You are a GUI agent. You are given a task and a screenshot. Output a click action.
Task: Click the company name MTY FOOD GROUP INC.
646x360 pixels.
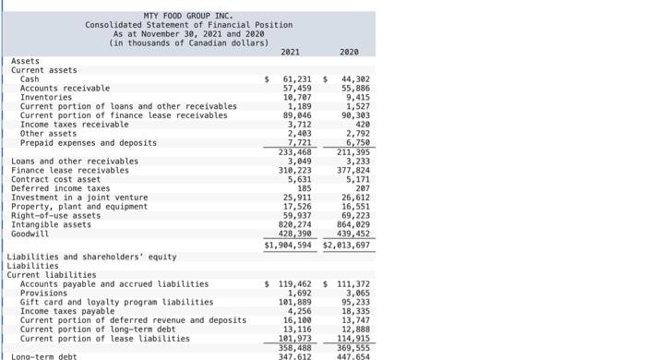pyautogui.click(x=188, y=16)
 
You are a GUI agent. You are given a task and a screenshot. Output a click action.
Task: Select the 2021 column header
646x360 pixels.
pyautogui.click(x=290, y=53)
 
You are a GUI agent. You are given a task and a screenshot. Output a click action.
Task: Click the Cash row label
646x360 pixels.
pyautogui.click(x=30, y=79)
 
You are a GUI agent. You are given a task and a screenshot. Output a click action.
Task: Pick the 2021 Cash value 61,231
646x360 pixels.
pyautogui.click(x=296, y=79)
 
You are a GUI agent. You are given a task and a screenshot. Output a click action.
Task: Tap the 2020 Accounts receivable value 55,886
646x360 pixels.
pyautogui.click(x=355, y=88)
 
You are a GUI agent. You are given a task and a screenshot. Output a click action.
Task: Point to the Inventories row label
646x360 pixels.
pyautogui.click(x=46, y=97)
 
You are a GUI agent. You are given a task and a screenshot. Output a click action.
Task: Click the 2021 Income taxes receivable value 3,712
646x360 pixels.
pyautogui.click(x=299, y=124)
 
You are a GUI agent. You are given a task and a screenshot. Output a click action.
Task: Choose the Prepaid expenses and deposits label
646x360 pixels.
pyautogui.click(x=89, y=143)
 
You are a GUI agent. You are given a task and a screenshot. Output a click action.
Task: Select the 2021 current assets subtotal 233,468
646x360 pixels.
pyautogui.click(x=296, y=152)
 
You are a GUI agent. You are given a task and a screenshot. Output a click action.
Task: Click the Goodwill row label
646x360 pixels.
pyautogui.click(x=30, y=234)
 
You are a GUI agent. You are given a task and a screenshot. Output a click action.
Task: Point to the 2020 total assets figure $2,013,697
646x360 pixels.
pyautogui.click(x=347, y=246)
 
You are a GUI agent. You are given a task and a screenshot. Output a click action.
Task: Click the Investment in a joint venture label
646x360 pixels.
pyautogui.click(x=79, y=198)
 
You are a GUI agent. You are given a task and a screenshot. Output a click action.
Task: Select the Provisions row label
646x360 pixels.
pyautogui.click(x=43, y=294)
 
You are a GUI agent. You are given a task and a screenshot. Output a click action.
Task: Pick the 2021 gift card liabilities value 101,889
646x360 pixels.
pyautogui.click(x=296, y=302)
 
